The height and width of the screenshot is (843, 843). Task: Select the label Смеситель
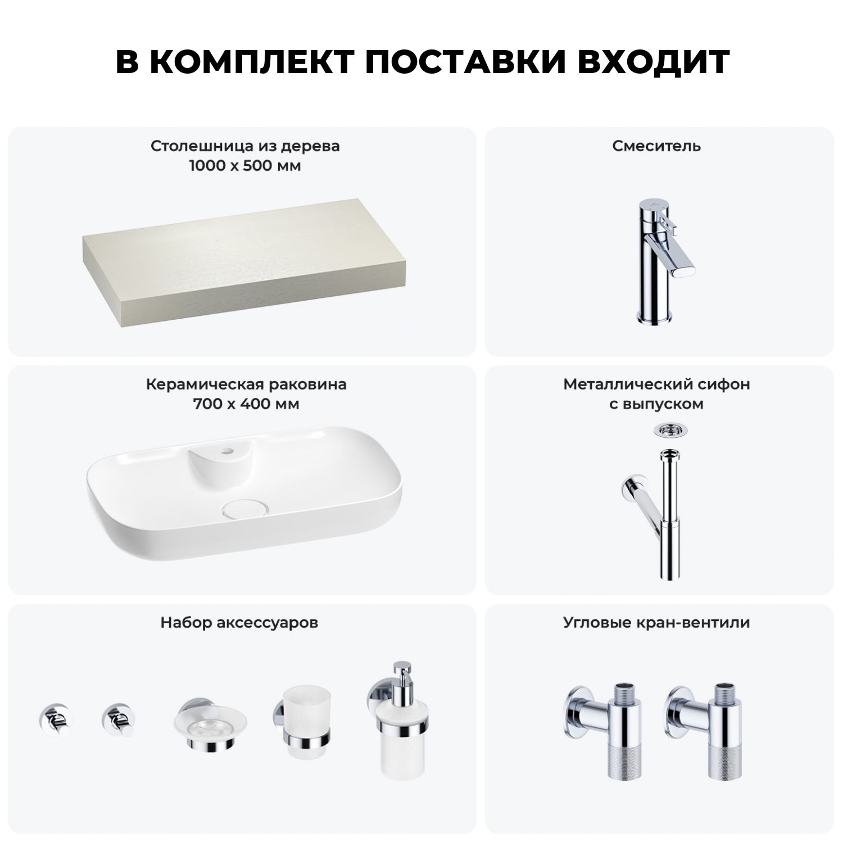click(656, 146)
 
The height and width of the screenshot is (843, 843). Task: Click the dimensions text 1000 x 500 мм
click(245, 166)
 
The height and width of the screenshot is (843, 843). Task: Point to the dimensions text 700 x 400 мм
click(246, 404)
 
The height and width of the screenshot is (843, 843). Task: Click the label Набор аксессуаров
click(239, 623)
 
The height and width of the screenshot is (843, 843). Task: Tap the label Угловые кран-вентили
click(656, 623)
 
